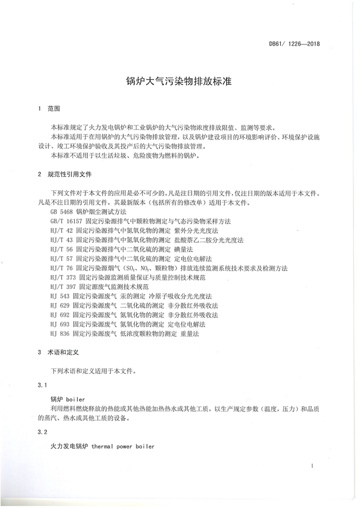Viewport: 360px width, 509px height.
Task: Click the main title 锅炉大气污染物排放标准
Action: tap(179, 81)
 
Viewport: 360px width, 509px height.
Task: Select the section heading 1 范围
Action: tap(49, 107)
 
